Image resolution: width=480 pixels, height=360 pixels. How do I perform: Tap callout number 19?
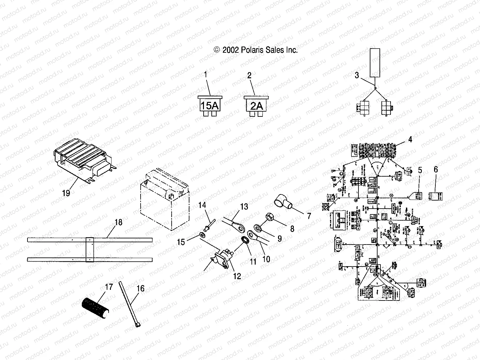coord(66,193)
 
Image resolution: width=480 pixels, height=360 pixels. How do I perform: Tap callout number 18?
coord(119,222)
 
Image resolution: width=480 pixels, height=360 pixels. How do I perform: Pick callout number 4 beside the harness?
coord(410,140)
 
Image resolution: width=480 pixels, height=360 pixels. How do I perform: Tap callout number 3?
coord(357,75)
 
